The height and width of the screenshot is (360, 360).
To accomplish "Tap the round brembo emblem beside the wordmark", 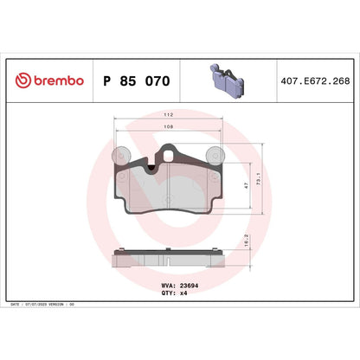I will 23,81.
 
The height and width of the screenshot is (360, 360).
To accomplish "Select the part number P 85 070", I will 137,81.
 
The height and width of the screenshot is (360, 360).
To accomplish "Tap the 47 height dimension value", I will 247,186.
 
